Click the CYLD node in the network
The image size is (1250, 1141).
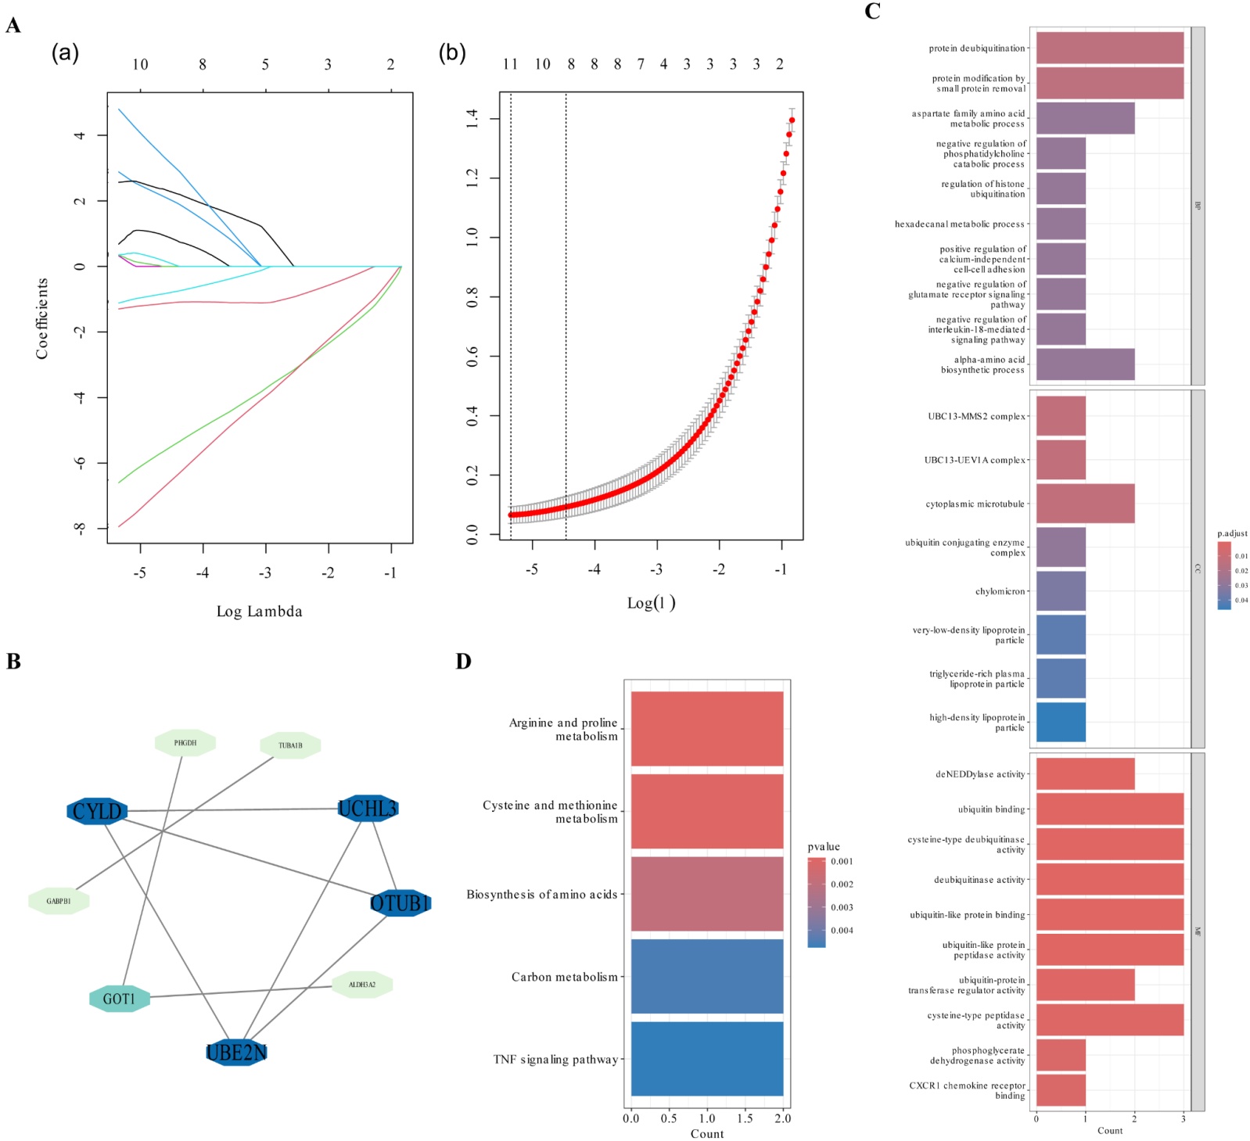(97, 811)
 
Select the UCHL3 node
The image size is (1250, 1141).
(368, 808)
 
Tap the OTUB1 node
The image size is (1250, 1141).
(400, 903)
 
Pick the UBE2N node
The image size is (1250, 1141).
(236, 1053)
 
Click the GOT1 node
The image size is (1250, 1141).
(119, 999)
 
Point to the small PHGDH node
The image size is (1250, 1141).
(185, 743)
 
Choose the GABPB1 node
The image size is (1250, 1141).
(59, 901)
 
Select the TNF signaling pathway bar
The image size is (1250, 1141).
(706, 1059)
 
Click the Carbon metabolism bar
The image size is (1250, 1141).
(706, 976)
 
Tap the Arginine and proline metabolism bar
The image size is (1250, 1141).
(706, 729)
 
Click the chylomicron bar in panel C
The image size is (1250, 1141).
(1060, 591)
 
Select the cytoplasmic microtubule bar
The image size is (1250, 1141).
(1084, 504)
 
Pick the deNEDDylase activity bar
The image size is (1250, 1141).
(1084, 774)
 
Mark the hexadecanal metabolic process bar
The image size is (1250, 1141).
(1060, 224)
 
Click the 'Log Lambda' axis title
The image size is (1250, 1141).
(259, 612)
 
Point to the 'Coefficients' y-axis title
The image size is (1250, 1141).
(42, 318)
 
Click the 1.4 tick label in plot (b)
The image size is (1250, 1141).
(472, 119)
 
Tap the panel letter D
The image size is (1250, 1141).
(463, 662)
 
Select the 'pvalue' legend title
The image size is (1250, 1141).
(823, 846)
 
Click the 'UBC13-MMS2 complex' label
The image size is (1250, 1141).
(975, 416)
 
